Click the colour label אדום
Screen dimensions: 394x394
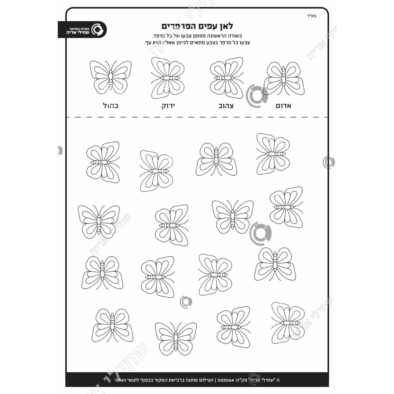[x=283, y=106]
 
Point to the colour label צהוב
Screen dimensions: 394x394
[x=226, y=106]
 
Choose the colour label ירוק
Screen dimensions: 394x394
[x=168, y=106]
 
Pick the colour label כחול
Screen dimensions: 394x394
[x=110, y=106]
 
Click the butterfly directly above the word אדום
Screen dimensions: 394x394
[x=284, y=79]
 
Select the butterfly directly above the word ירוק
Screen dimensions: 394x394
[x=168, y=78]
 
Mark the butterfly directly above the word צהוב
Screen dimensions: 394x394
[x=227, y=78]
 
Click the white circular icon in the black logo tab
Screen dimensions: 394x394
[x=99, y=30]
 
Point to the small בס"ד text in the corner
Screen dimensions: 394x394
[x=312, y=16]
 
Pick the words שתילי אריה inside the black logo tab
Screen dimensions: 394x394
[x=78, y=33]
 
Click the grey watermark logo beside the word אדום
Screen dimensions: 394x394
[x=257, y=96]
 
